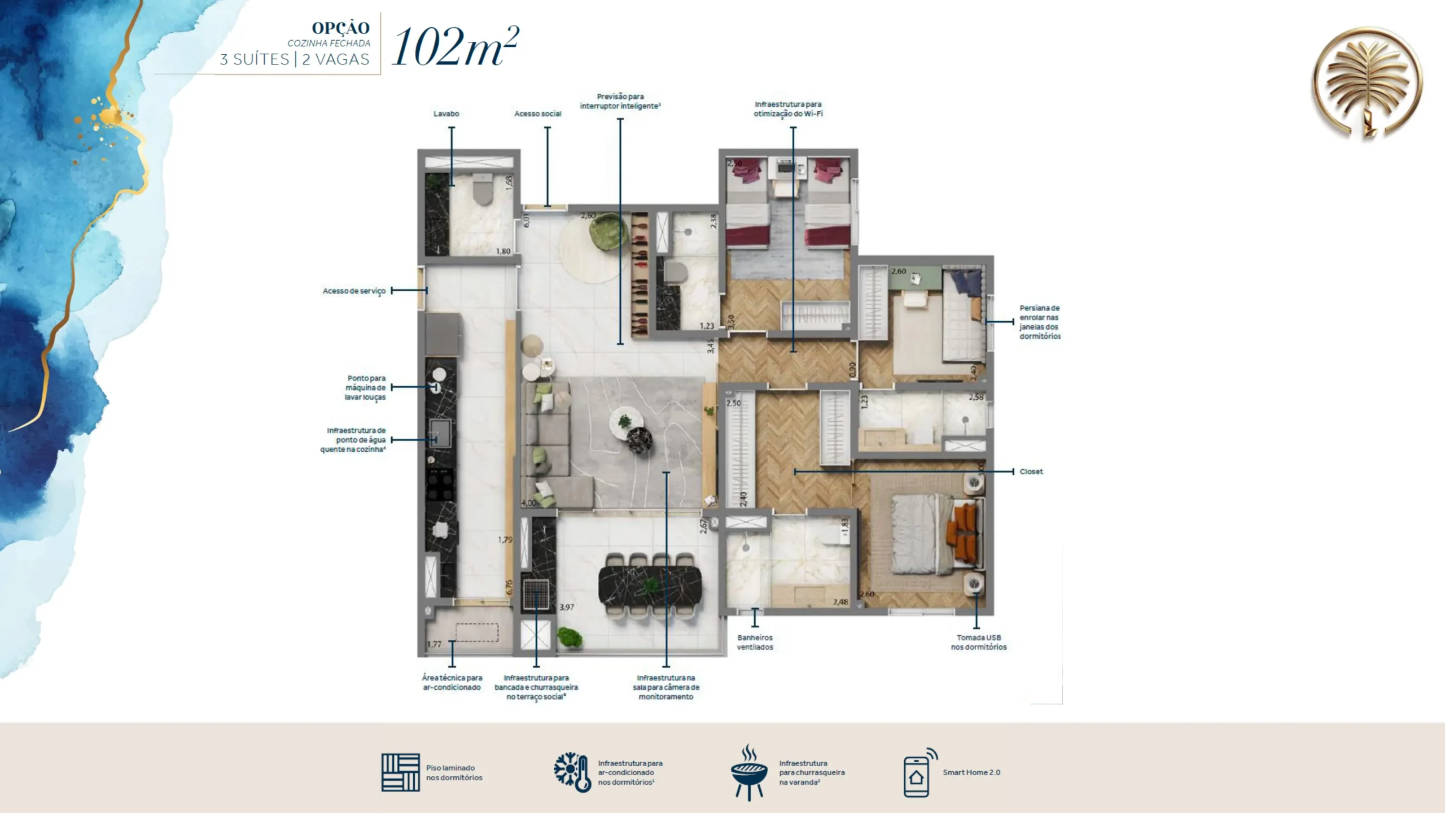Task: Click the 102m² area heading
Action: [455, 47]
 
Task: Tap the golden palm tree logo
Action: [1367, 82]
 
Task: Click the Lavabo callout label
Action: [446, 114]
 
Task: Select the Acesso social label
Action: [537, 114]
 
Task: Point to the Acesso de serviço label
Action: [354, 291]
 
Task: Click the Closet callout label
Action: [1031, 471]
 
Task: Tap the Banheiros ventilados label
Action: [755, 642]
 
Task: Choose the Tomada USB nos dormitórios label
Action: [979, 642]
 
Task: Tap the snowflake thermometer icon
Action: [572, 772]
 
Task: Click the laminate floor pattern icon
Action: [400, 772]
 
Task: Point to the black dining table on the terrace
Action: [650, 585]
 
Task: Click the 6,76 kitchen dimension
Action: [509, 587]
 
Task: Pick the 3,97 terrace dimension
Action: [567, 607]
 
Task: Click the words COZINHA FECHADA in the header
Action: [329, 43]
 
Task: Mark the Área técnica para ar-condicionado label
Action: [452, 683]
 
